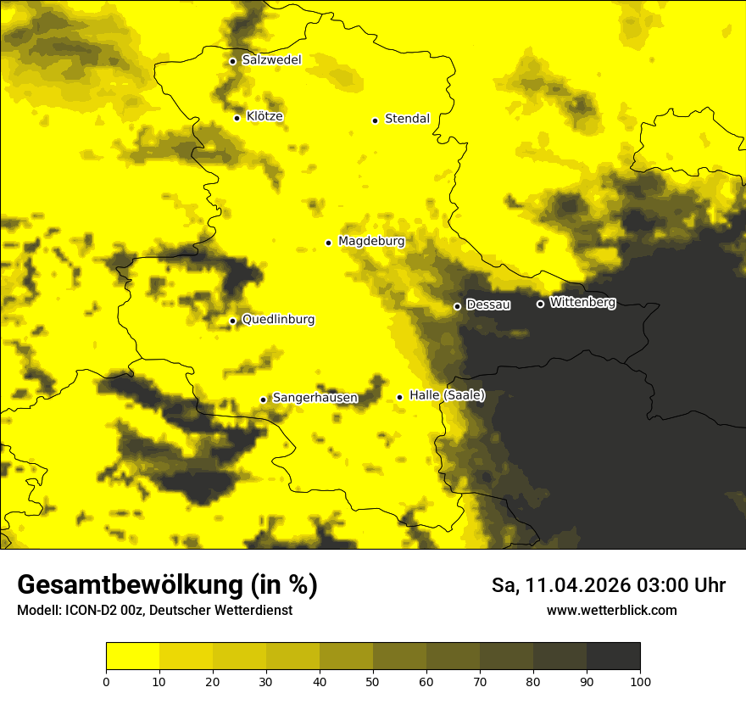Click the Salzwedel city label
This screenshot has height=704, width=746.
pos(271,60)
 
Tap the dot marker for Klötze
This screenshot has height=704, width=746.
pos(237,118)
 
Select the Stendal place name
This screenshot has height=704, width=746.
pos(407,119)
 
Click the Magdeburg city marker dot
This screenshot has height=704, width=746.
pos(329,243)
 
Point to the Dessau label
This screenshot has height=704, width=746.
pos(488,305)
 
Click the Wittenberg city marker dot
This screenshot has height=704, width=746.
pos(540,304)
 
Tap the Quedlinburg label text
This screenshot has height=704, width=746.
pos(278,320)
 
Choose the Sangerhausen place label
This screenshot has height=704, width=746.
pos(315,398)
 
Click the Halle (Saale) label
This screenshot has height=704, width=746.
pos(447,395)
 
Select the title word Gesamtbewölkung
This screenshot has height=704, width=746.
pos(129,585)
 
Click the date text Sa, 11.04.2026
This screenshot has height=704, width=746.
pos(559,585)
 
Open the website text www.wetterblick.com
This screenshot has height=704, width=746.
pos(611,611)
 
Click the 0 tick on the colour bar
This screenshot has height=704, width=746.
pos(106,681)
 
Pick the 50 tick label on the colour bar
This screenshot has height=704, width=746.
pos(373,681)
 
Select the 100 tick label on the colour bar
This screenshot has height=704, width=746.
pos(640,681)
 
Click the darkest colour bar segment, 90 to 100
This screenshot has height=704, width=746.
pos(613,657)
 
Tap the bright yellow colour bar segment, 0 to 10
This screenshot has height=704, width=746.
pos(132,657)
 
